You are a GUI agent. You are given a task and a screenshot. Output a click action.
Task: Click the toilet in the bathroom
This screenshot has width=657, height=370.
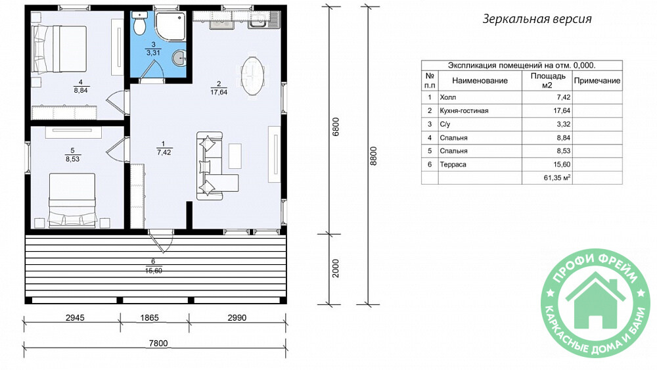(139, 22)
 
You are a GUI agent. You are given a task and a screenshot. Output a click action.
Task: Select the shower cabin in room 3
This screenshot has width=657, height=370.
(171, 26)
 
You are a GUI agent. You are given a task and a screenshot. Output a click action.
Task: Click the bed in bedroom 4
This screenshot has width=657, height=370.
(60, 49)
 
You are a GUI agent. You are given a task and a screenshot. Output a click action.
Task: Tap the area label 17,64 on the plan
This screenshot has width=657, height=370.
(219, 92)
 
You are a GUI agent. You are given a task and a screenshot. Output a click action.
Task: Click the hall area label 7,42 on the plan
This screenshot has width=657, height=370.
(164, 152)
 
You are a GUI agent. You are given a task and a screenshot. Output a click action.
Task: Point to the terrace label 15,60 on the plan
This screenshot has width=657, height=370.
(153, 271)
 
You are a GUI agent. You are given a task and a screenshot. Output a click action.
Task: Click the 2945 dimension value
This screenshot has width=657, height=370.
(75, 317)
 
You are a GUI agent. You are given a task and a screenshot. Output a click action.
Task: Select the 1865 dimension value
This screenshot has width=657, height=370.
(149, 317)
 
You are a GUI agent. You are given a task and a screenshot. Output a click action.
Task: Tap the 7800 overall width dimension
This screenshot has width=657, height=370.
(158, 343)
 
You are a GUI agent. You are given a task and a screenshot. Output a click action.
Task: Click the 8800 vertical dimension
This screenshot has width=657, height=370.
(373, 156)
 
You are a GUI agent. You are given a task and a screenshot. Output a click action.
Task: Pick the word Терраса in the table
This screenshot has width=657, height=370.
(453, 165)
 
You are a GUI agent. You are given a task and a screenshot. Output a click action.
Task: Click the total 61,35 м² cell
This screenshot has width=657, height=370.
(557, 177)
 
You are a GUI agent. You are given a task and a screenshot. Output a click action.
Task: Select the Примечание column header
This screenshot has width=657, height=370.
(597, 80)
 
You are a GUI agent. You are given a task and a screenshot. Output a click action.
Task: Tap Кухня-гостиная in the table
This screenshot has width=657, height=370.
(464, 110)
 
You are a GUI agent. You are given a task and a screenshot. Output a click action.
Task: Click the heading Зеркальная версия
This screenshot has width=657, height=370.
(537, 19)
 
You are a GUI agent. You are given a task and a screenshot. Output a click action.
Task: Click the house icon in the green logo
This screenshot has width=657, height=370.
(595, 300)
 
